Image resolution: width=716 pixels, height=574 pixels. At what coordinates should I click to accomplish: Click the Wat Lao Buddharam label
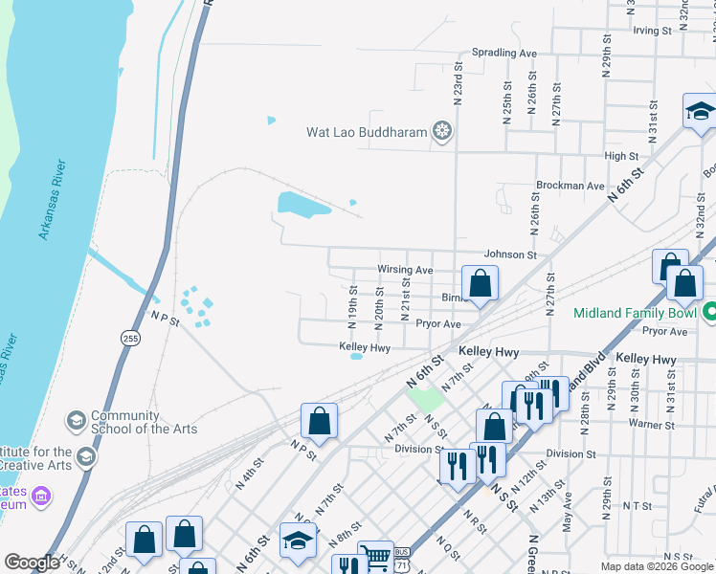tap(366, 132)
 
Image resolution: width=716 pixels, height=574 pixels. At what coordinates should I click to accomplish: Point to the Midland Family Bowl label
tap(635, 314)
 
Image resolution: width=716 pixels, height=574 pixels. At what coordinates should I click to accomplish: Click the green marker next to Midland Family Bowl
tap(709, 313)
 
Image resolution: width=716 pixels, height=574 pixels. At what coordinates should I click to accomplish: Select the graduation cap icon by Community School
tap(76, 421)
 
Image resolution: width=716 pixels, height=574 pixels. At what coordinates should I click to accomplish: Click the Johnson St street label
tap(510, 255)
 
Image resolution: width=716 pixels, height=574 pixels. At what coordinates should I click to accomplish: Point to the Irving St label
tap(652, 31)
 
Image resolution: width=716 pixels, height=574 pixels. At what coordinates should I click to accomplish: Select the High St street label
tap(621, 156)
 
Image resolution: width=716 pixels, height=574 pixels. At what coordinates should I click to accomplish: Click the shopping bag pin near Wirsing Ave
tap(480, 283)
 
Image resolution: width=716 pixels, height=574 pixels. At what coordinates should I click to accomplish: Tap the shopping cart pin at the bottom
tap(375, 558)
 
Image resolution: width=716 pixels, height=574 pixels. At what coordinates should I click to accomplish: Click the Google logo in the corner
tap(31, 563)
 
